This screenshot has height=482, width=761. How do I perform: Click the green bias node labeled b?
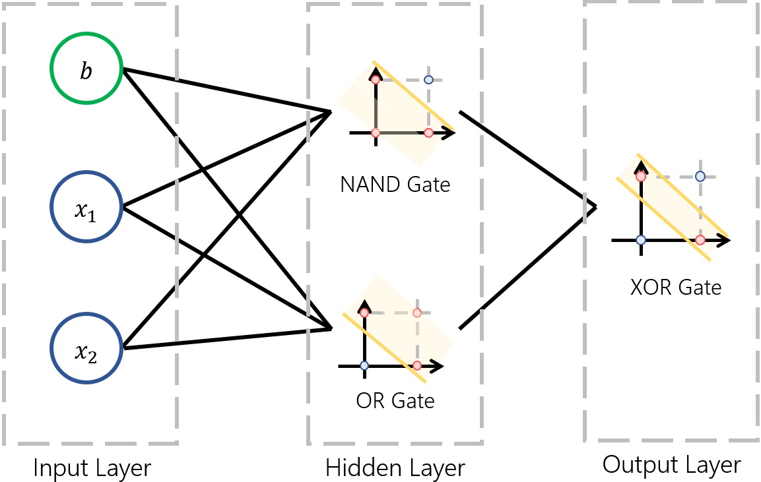[86, 71]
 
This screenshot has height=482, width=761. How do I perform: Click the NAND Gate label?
[395, 184]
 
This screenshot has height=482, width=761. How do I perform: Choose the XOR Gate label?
[676, 288]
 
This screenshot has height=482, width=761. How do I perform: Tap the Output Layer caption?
[671, 465]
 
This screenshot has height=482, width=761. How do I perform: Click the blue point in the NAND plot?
[428, 80]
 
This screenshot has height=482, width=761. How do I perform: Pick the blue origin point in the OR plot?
[364, 365]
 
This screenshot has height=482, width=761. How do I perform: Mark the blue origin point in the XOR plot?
[640, 239]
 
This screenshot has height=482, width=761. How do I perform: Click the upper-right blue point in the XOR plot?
[700, 176]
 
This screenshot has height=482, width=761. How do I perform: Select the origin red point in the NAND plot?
[376, 133]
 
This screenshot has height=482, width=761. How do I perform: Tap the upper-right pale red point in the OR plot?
[416, 313]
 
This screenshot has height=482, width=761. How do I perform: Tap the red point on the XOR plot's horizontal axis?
[700, 239]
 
